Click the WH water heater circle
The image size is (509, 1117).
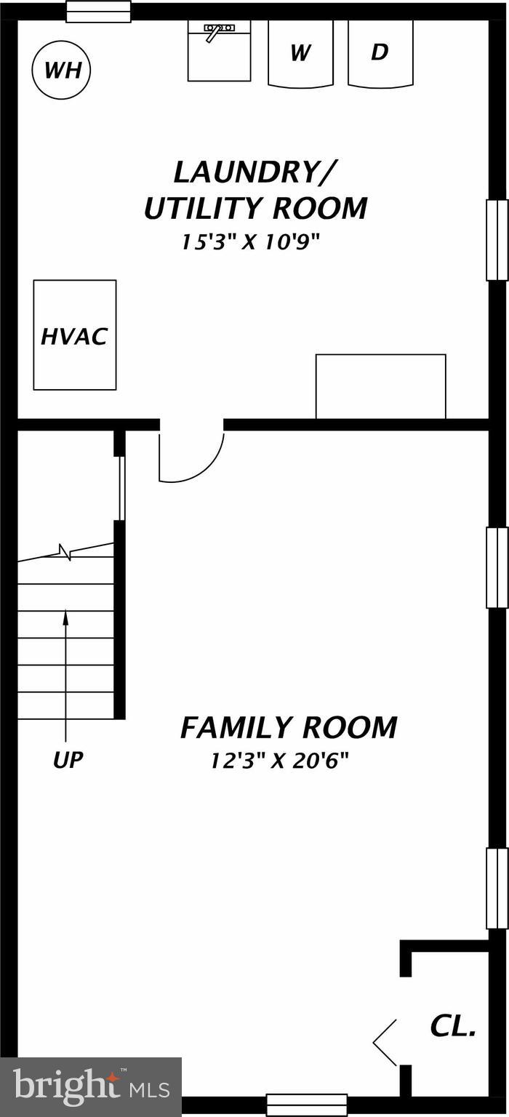62,71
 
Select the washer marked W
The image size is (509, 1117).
300,53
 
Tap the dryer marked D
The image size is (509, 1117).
380,53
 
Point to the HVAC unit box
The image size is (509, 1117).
75,335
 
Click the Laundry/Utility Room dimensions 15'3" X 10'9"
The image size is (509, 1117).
251,242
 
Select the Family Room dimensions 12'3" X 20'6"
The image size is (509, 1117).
280,761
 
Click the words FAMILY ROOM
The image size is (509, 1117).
289,727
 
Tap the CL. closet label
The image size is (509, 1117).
452,1027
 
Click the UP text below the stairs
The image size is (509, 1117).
68,761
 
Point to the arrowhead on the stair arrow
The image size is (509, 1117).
66,617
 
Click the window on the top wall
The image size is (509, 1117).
99,12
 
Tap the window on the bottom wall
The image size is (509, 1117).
306,1105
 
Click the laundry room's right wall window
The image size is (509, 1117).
497,240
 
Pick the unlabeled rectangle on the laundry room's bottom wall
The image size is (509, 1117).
380,386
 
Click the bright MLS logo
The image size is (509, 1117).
91,1087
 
